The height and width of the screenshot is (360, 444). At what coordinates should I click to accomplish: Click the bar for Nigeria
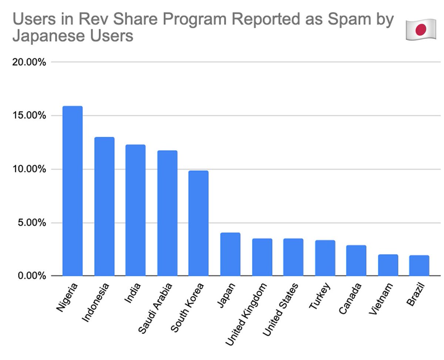click(x=72, y=191)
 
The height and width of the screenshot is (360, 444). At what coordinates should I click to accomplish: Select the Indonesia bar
click(x=104, y=206)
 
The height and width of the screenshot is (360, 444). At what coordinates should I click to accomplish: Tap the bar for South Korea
click(x=198, y=223)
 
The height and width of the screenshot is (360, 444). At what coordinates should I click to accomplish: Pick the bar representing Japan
click(x=230, y=254)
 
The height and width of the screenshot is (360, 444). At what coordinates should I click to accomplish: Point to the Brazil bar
click(x=419, y=265)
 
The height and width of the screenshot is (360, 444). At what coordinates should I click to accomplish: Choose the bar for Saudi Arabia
click(x=167, y=213)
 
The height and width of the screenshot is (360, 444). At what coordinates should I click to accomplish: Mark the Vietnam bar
click(x=388, y=265)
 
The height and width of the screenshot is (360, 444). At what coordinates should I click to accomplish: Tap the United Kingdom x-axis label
click(x=246, y=314)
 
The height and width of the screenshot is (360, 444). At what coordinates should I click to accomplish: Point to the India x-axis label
click(x=132, y=294)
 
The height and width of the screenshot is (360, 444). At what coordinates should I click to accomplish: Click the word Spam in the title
click(x=346, y=20)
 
